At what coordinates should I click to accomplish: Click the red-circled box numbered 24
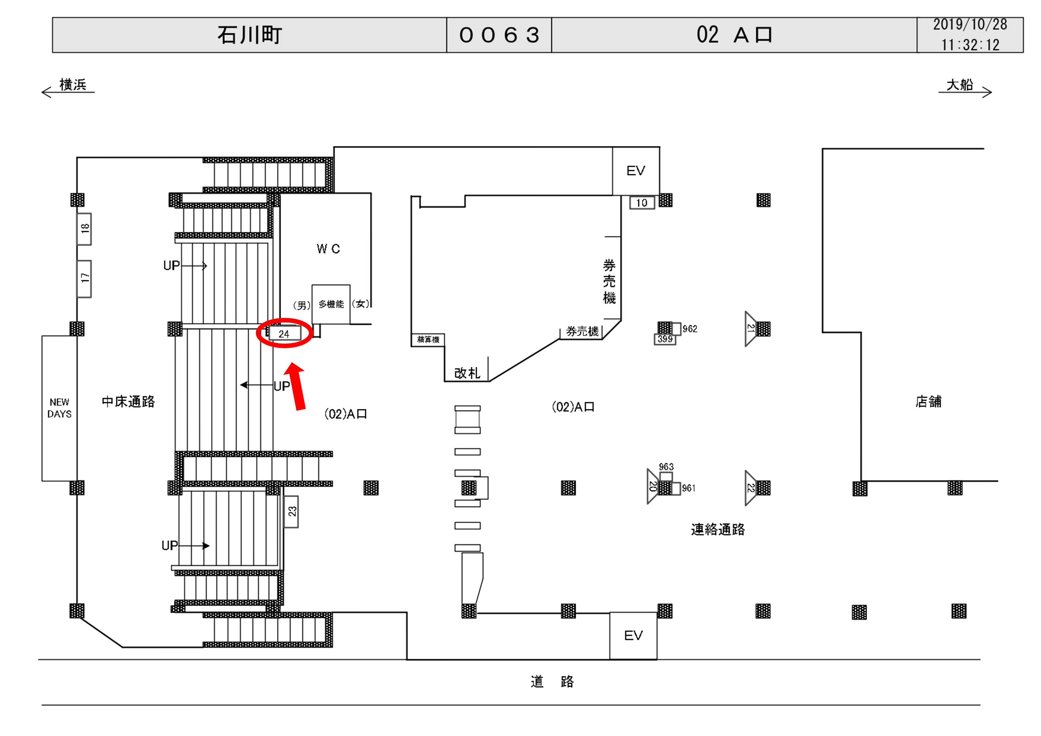click(x=284, y=334)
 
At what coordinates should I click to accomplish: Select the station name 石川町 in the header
click(x=250, y=35)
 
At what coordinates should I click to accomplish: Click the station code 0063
click(x=499, y=35)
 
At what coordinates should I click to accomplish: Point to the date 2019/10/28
click(x=970, y=25)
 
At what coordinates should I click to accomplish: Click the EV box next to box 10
click(x=636, y=171)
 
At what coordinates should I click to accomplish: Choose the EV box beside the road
click(x=633, y=636)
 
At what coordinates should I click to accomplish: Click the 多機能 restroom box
click(x=331, y=304)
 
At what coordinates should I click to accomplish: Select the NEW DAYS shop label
click(x=60, y=408)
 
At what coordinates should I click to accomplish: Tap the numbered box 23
click(x=292, y=512)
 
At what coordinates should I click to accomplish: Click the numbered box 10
click(x=642, y=203)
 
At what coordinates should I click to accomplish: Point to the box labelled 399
click(x=665, y=339)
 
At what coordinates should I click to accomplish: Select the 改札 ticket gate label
click(x=467, y=373)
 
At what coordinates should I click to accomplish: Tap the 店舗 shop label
click(x=928, y=401)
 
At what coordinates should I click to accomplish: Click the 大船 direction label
click(x=960, y=85)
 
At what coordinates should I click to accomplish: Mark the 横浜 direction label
click(x=72, y=85)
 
